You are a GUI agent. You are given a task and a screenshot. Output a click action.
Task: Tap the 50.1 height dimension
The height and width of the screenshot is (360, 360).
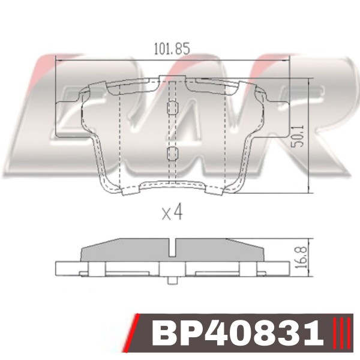click(x=298, y=136)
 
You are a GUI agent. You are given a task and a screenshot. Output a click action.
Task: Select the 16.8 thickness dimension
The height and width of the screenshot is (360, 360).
click(x=301, y=257)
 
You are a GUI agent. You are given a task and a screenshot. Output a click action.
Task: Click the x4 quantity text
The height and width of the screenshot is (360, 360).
click(x=172, y=212)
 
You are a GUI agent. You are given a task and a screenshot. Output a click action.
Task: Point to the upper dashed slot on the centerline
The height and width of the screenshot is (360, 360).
click(x=172, y=107)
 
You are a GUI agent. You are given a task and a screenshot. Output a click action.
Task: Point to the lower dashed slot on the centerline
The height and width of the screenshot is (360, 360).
click(x=172, y=154)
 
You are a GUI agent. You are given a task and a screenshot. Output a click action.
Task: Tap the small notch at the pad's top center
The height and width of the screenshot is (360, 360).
click(x=172, y=78)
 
